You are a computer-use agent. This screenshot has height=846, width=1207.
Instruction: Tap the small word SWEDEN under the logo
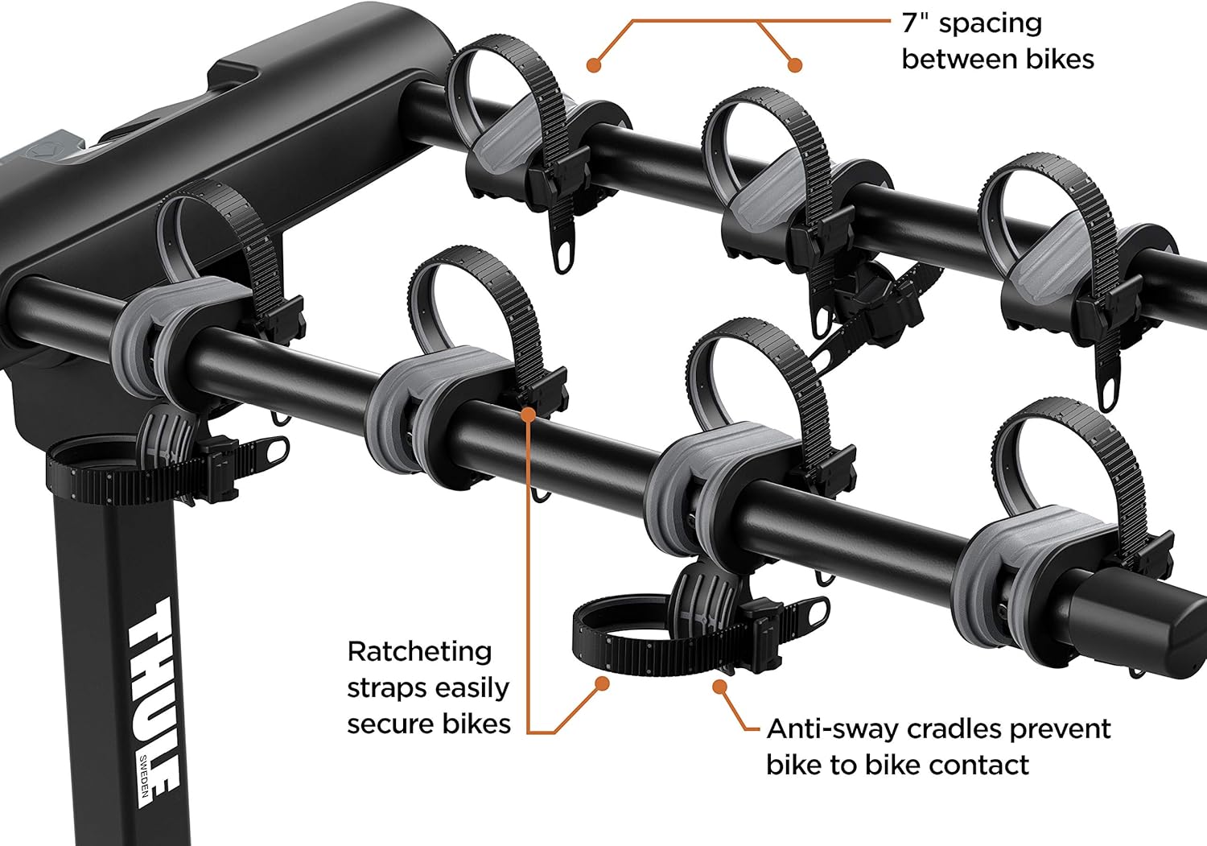click(x=143, y=782)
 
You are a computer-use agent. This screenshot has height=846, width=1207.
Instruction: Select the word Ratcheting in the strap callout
click(x=419, y=651)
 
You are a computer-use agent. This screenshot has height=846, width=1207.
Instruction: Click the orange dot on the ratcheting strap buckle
click(x=528, y=415)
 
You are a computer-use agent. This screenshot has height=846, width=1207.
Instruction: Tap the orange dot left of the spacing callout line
click(x=594, y=65)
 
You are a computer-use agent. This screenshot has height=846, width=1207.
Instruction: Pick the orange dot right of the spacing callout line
click(x=795, y=65)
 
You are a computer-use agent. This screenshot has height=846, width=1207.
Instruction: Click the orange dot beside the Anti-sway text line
click(x=720, y=687)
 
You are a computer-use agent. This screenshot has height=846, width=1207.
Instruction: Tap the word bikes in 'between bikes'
click(x=1060, y=60)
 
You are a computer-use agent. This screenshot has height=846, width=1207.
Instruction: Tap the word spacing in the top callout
click(x=991, y=23)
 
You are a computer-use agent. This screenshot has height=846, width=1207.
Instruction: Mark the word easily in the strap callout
click(x=472, y=688)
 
